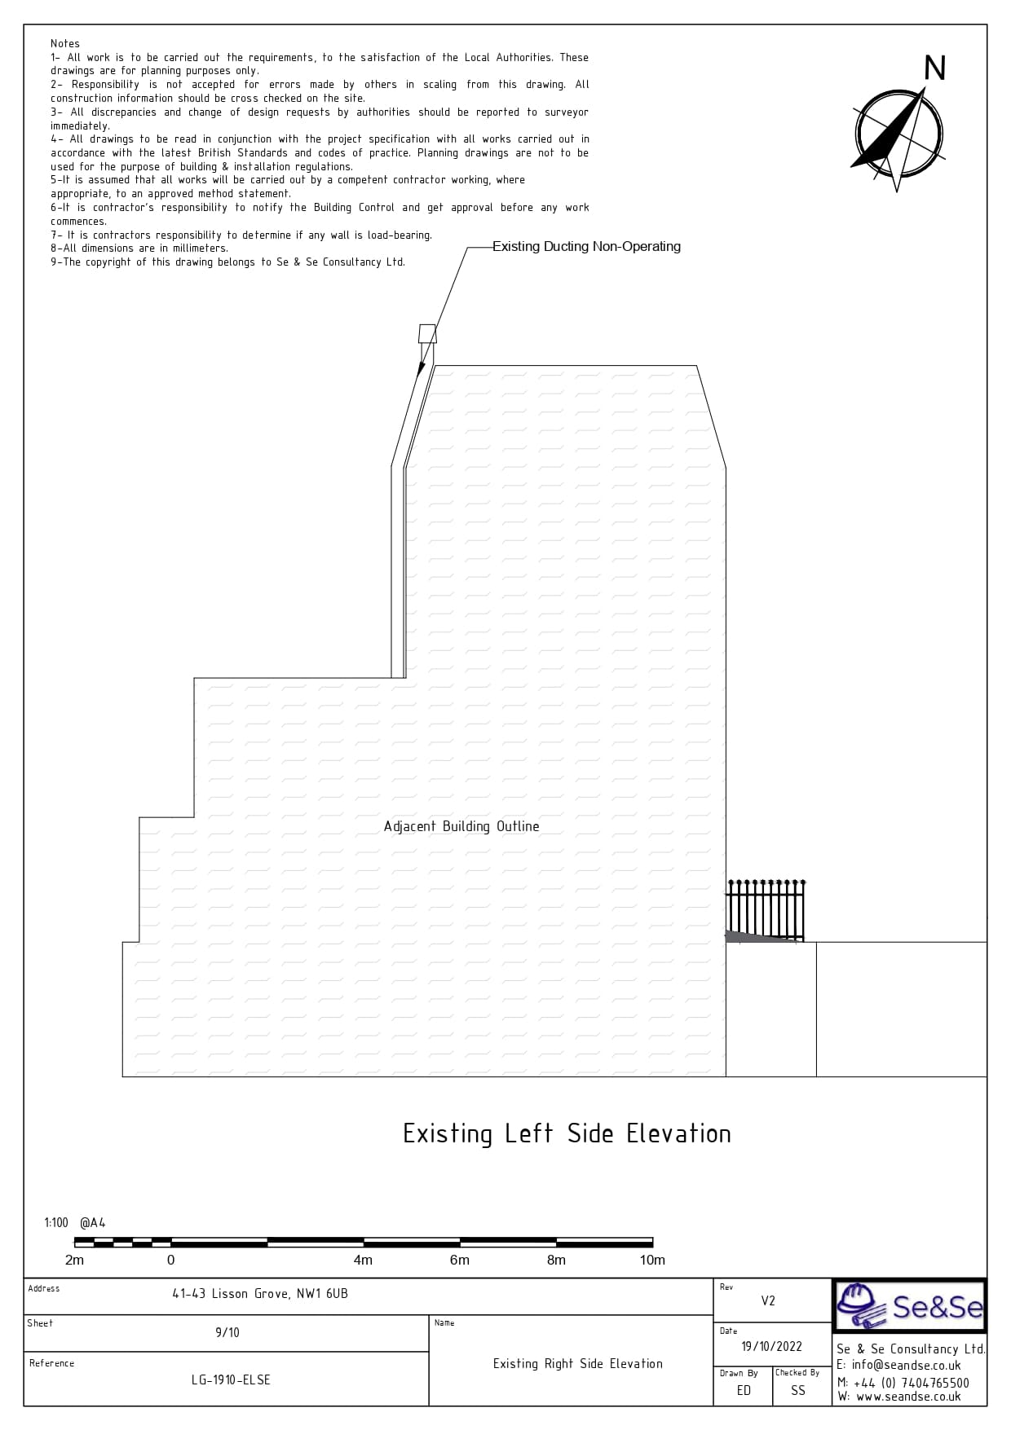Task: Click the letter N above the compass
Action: (x=935, y=68)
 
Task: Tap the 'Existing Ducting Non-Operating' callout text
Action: (x=586, y=246)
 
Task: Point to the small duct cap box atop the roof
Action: (x=427, y=334)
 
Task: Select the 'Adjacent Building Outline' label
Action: (x=461, y=826)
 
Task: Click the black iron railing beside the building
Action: (x=766, y=911)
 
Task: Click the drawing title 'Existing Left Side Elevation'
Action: (x=567, y=1133)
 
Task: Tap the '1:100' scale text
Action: (x=56, y=1222)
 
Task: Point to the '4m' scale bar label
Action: (x=363, y=1260)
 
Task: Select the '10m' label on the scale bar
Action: (x=652, y=1260)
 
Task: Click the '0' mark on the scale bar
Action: (x=170, y=1260)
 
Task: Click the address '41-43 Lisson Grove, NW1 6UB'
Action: (x=260, y=1294)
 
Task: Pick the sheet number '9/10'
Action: (x=227, y=1333)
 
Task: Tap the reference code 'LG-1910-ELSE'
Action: (x=231, y=1379)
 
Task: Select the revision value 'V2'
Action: (x=768, y=1300)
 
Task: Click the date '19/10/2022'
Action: (x=771, y=1346)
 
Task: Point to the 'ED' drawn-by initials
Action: (x=744, y=1390)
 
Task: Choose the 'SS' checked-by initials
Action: (x=797, y=1390)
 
